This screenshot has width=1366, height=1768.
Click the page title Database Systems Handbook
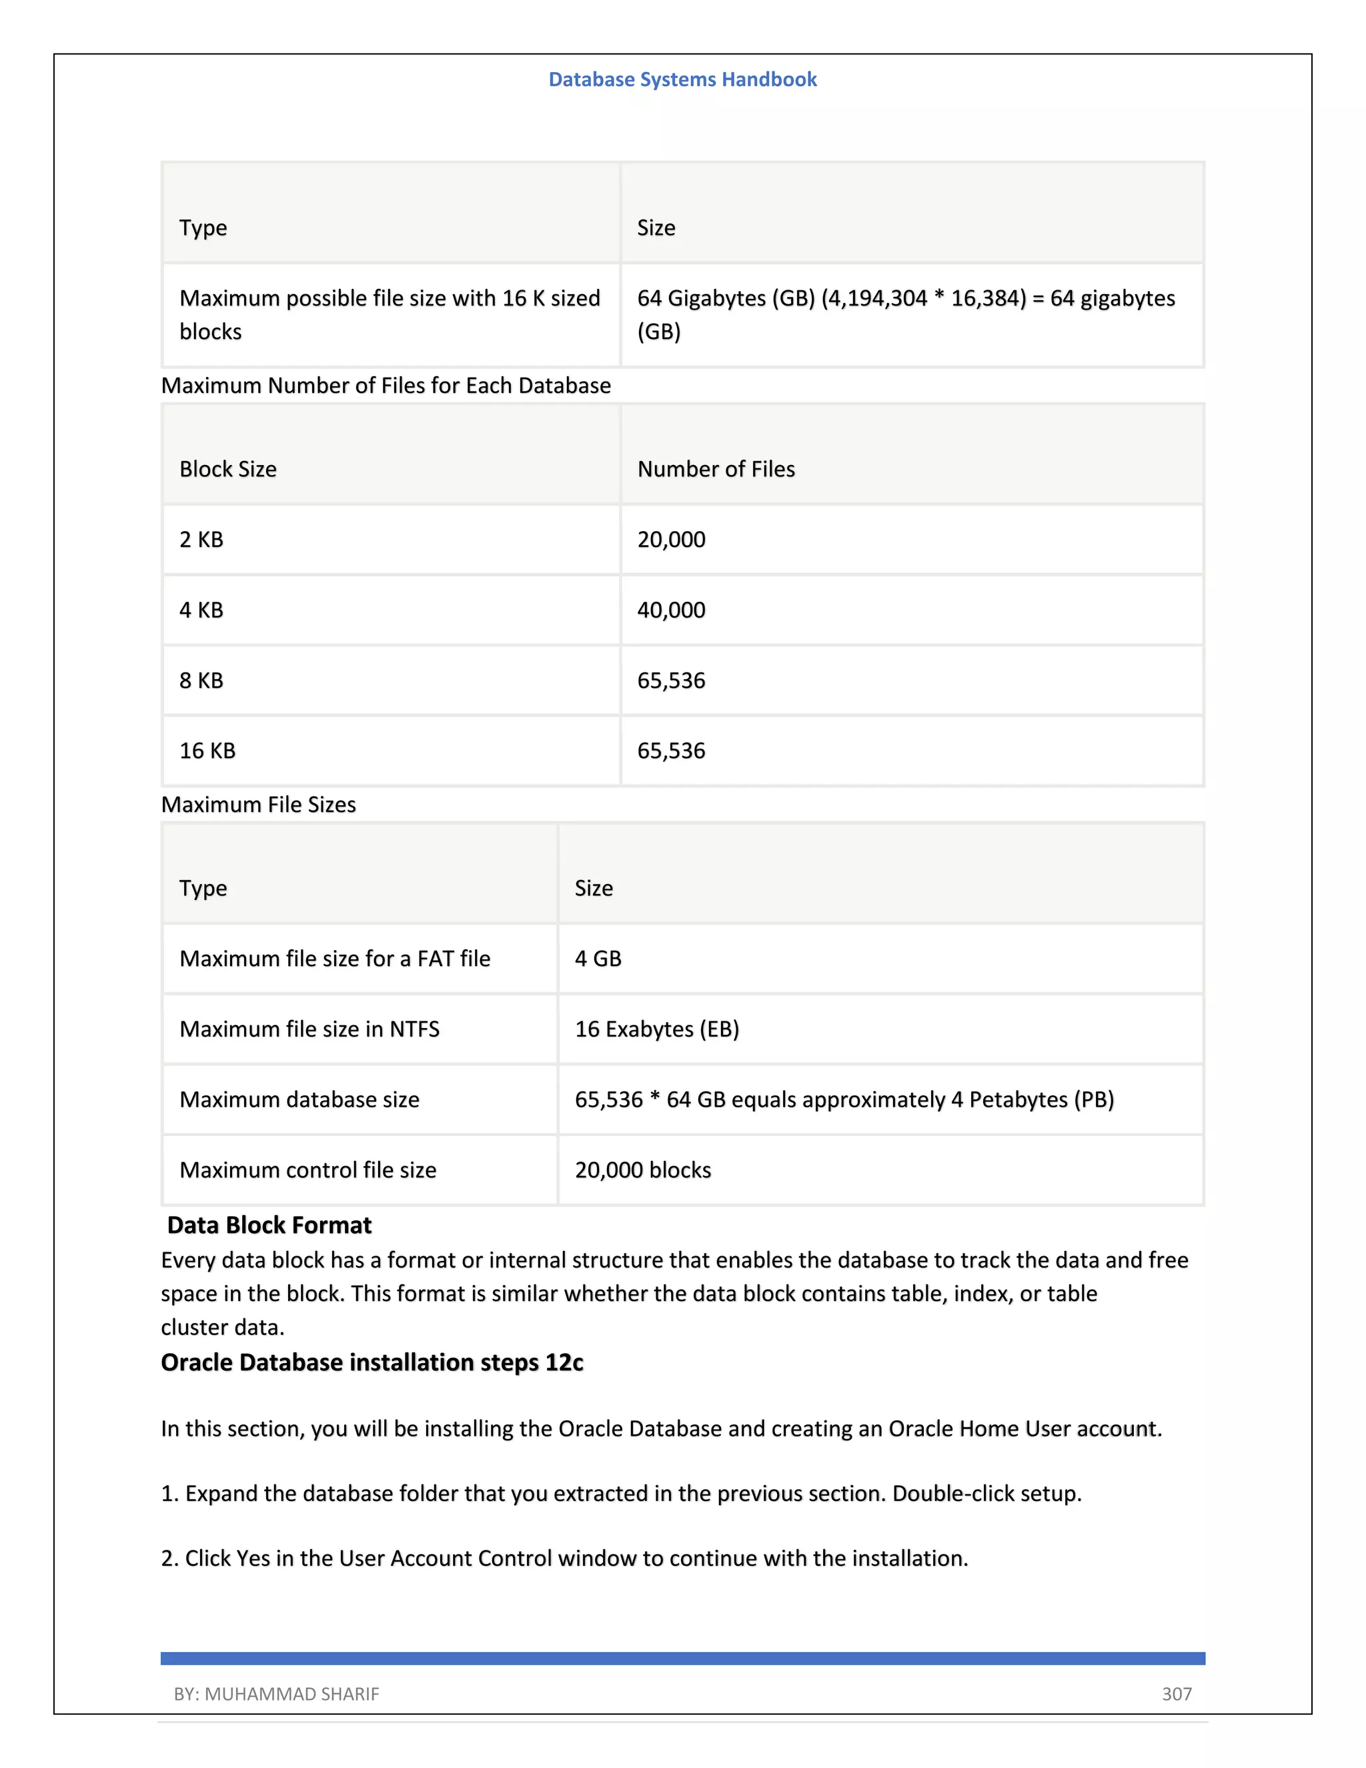[x=682, y=79]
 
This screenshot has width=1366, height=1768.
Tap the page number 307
[x=1176, y=1693]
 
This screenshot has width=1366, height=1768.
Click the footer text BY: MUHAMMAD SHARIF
[x=276, y=1693]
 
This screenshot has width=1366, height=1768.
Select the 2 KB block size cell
[x=201, y=539]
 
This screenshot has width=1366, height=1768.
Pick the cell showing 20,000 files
[x=671, y=539]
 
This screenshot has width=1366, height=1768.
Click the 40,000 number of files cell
[x=671, y=610]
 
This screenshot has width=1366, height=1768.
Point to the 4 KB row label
[x=201, y=610]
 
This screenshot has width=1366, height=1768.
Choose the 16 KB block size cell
[x=207, y=751]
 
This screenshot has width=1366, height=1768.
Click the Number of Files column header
[x=716, y=469]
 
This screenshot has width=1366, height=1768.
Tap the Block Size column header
[x=228, y=469]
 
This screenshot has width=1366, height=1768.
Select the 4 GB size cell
[x=598, y=959]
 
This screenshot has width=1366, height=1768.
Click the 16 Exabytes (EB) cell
[x=656, y=1029]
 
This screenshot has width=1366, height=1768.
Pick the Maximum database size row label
[x=299, y=1099]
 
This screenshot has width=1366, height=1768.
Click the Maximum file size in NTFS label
[x=309, y=1029]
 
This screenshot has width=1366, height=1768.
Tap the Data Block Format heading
[x=269, y=1225]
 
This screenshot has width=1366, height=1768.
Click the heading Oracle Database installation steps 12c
[x=372, y=1362]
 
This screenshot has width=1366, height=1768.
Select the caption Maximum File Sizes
[x=258, y=805]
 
